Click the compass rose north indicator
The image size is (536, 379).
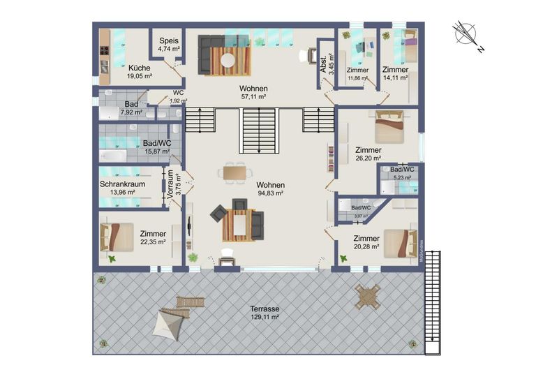point(466,34)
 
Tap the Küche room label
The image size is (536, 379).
point(139,68)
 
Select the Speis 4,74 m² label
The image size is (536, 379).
point(168,45)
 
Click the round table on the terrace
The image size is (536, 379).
point(367,296)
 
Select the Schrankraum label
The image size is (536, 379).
point(122,184)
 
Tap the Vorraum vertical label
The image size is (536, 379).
point(167,186)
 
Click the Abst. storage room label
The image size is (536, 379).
point(323,64)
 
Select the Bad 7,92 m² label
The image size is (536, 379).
point(131,107)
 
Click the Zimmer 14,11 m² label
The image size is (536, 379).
point(395,74)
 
